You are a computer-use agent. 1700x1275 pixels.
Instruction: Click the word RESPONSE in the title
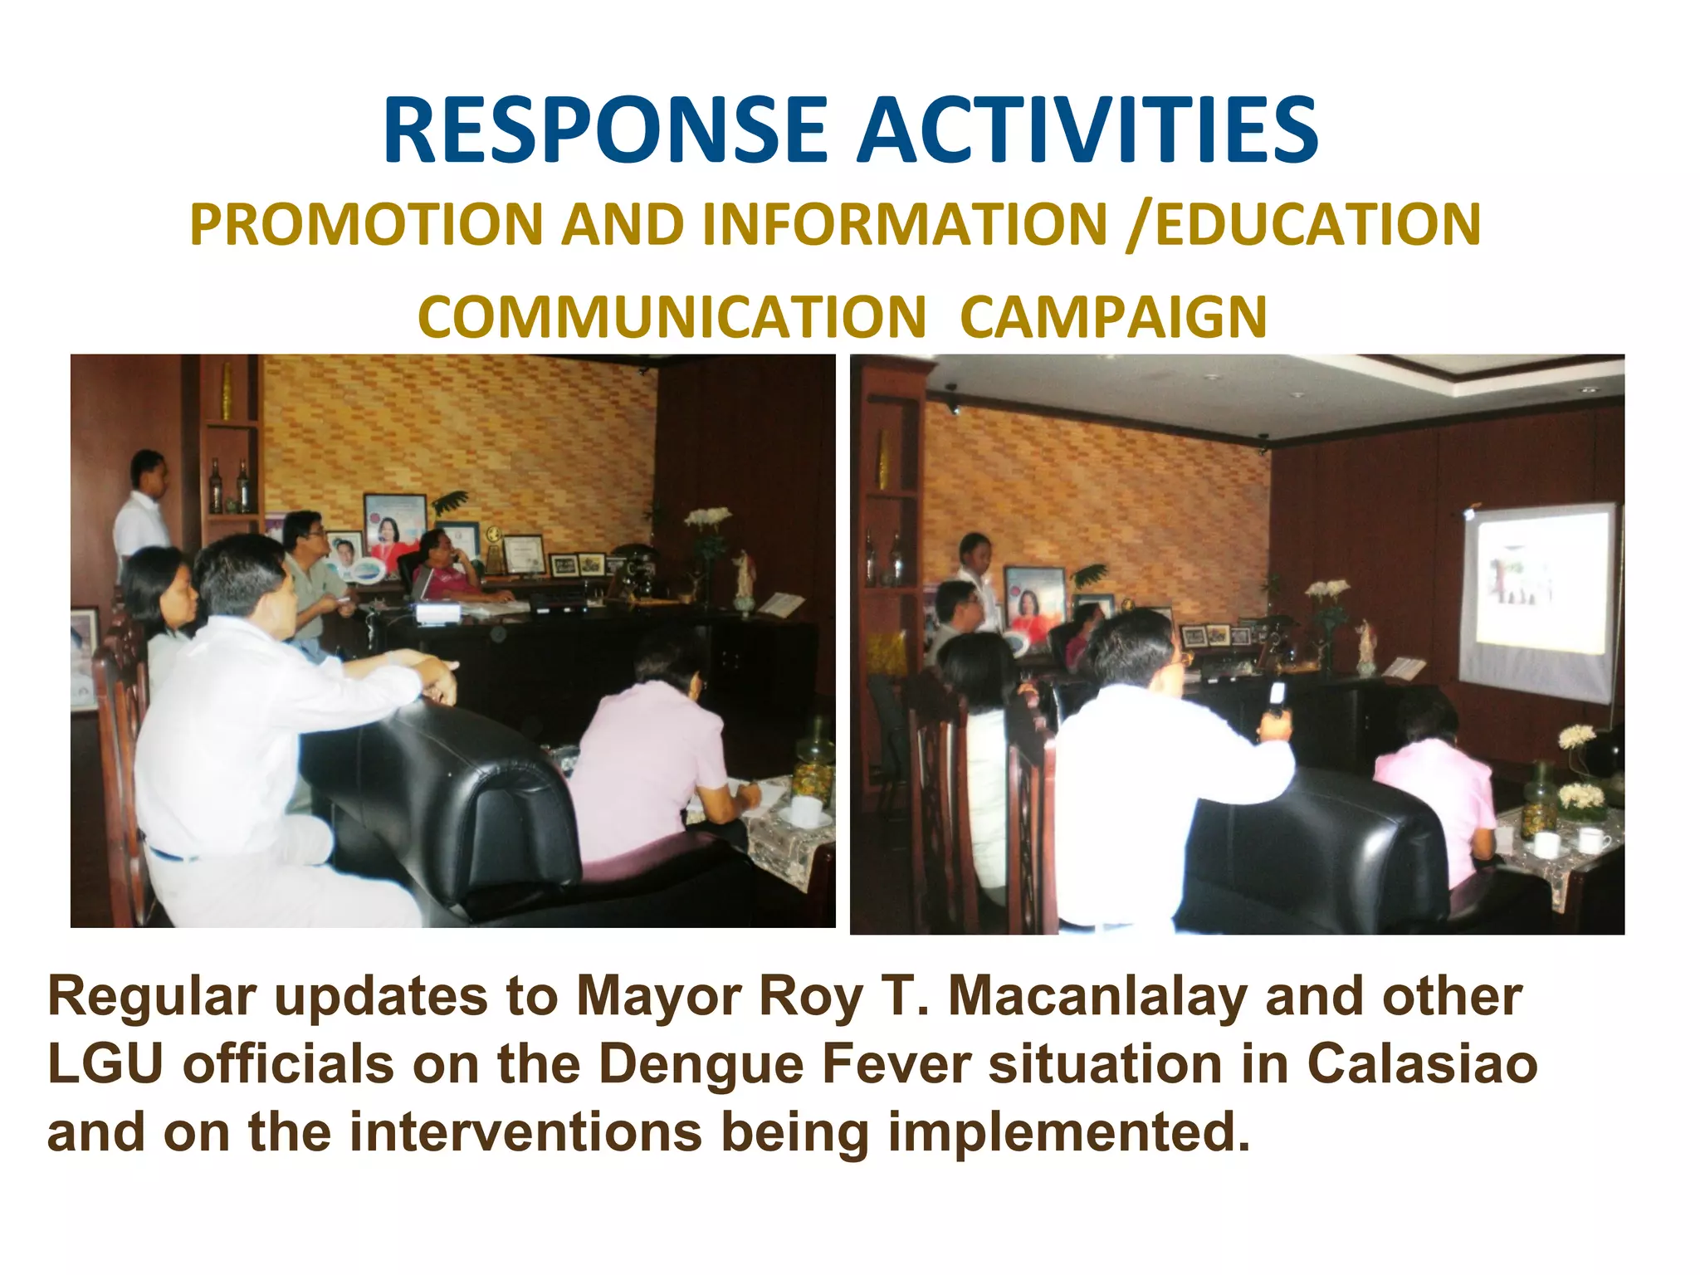(605, 130)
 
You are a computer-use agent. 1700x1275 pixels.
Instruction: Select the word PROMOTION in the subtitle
(365, 225)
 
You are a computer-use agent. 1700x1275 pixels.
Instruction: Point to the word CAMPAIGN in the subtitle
(1113, 318)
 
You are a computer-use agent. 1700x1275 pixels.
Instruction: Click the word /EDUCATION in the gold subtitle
(1303, 225)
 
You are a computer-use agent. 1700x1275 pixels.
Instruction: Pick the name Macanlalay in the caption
(1096, 995)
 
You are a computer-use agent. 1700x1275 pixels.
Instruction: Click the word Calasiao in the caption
(1422, 1064)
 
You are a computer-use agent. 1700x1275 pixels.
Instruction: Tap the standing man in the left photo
(143, 506)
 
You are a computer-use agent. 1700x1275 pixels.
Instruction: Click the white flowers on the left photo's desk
(706, 520)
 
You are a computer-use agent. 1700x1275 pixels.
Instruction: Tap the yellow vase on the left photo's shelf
(227, 390)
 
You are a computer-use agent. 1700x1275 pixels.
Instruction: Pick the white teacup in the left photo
(804, 809)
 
